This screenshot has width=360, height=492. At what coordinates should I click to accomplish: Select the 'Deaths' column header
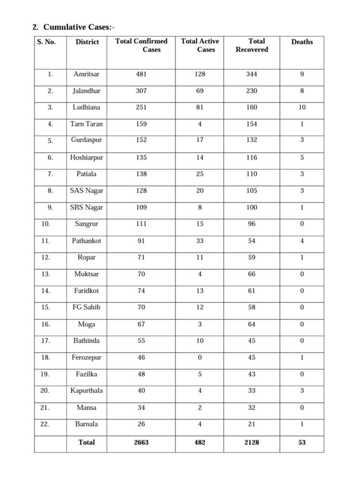point(302,42)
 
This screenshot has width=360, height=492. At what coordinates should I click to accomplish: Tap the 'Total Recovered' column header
point(252,45)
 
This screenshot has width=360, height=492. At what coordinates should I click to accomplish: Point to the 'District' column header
point(87,42)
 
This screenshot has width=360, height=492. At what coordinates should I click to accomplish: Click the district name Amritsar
point(87,74)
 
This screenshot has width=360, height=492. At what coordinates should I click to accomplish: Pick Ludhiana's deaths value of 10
point(302,107)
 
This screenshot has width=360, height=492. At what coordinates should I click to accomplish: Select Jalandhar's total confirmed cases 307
point(141,91)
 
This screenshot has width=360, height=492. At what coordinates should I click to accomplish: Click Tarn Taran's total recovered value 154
point(252,124)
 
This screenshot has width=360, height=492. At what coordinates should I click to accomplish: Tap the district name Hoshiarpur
point(87,157)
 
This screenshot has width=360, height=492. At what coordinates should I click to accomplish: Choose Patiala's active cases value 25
point(199,174)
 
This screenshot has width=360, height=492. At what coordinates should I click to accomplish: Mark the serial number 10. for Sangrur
point(50,224)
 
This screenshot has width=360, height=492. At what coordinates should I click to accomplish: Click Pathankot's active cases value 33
point(199,241)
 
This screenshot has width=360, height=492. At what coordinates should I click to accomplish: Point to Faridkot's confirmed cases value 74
point(141,291)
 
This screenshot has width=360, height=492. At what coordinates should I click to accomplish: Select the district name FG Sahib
point(87,307)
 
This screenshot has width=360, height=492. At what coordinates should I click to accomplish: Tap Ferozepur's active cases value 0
point(199,357)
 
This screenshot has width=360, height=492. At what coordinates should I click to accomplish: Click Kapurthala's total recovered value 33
point(252,391)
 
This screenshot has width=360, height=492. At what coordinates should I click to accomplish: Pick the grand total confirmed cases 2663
point(141,443)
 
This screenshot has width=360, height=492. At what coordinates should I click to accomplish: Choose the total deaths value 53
point(302,443)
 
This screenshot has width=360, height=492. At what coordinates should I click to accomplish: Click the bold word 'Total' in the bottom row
point(87,443)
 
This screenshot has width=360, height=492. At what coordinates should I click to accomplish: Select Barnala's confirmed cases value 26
point(141,424)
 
